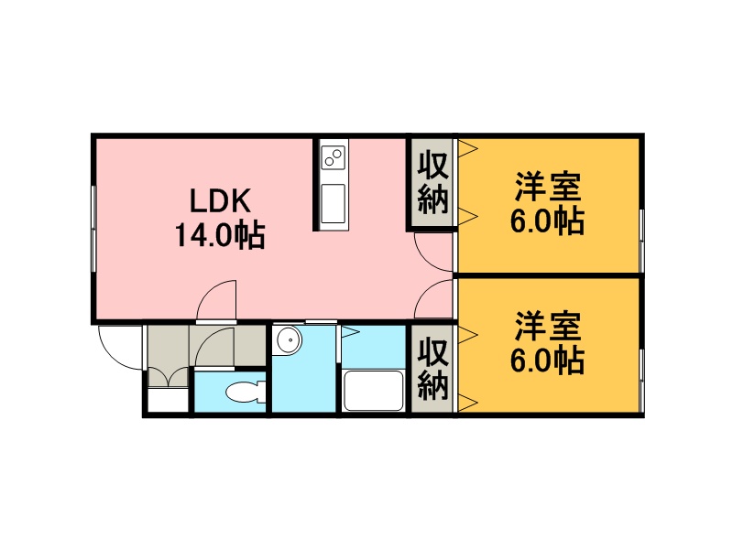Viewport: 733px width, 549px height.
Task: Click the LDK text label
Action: click(221, 200)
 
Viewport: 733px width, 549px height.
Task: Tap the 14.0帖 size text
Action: click(220, 235)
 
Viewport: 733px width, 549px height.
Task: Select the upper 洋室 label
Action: click(548, 187)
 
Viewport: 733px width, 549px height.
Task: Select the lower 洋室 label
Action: click(548, 327)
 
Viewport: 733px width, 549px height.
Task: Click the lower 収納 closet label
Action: click(432, 369)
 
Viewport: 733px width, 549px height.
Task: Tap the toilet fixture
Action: click(246, 392)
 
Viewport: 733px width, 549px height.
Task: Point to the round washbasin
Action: click(288, 340)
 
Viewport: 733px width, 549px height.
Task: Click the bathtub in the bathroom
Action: click(373, 391)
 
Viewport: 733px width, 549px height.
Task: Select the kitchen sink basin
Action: click(334, 203)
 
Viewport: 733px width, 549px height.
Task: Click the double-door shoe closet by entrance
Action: click(169, 377)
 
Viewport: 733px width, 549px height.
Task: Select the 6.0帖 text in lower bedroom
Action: click(547, 361)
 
